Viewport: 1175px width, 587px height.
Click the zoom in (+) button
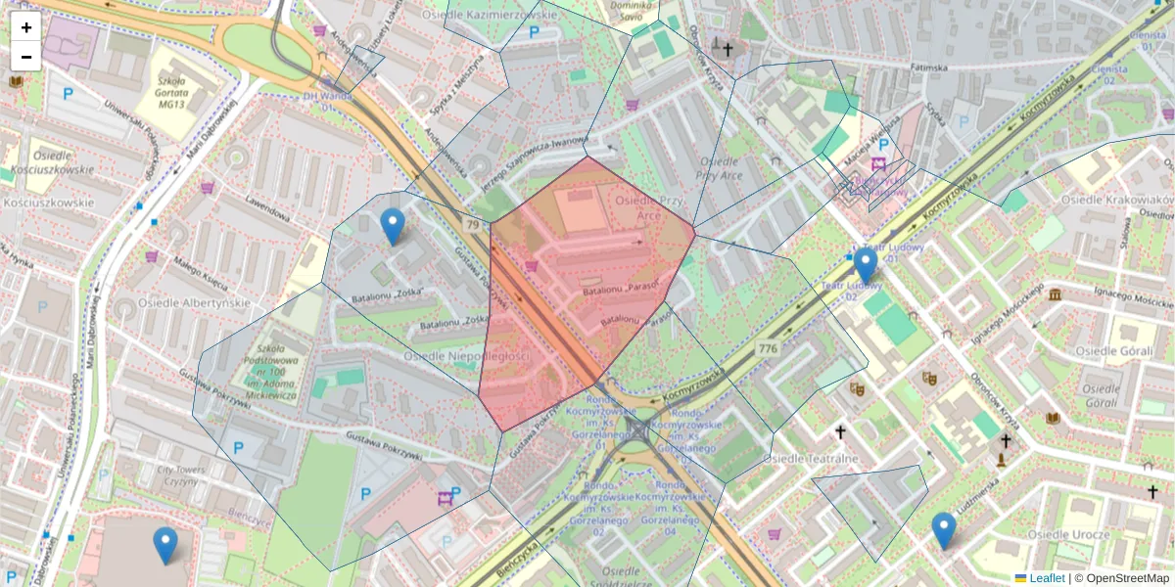25,27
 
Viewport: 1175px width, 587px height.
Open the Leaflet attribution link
1046,578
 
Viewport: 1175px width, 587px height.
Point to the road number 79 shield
473,226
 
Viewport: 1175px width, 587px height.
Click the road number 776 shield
767,348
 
